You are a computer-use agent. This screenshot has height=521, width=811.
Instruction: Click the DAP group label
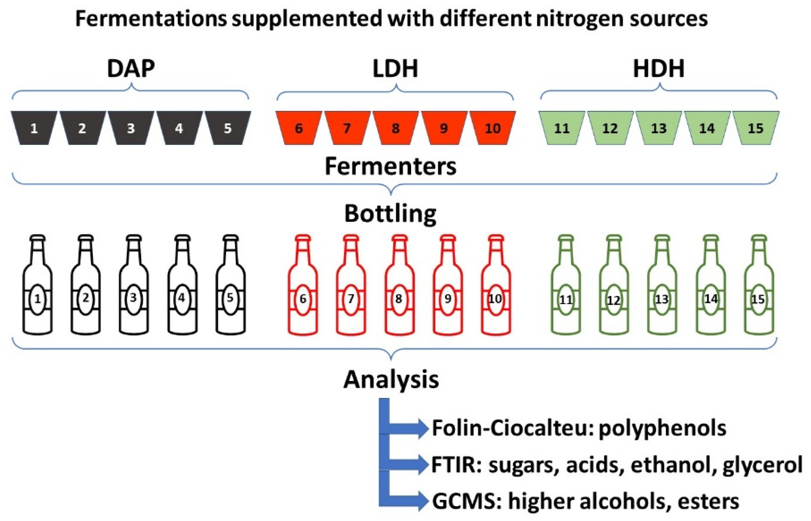coord(131,69)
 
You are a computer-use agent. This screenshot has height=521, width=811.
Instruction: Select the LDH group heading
coord(395,69)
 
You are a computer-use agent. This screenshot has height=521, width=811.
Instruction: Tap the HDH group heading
coord(659,69)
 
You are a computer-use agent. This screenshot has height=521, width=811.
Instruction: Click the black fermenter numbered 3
coord(131,128)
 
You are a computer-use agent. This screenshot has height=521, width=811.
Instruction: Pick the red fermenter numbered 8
coord(395,128)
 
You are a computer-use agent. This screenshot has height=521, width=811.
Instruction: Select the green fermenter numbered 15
coord(756,128)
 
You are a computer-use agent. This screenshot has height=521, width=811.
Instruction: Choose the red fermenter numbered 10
coord(492,128)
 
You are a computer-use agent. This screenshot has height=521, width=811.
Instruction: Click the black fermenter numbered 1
coord(34,128)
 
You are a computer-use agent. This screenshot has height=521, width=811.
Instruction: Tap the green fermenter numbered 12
coord(610,128)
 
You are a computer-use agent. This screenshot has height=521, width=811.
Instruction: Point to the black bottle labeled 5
coord(231,288)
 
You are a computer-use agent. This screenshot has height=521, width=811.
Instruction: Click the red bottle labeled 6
coord(303,288)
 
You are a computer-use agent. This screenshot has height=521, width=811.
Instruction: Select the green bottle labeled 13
coord(662,288)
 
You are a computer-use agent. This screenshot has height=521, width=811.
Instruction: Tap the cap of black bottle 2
coord(85,238)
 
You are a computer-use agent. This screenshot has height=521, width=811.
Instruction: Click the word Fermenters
coord(391,166)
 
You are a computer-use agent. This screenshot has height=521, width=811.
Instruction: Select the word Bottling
coord(390,214)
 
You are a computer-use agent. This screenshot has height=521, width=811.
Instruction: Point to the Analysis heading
coord(391,379)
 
